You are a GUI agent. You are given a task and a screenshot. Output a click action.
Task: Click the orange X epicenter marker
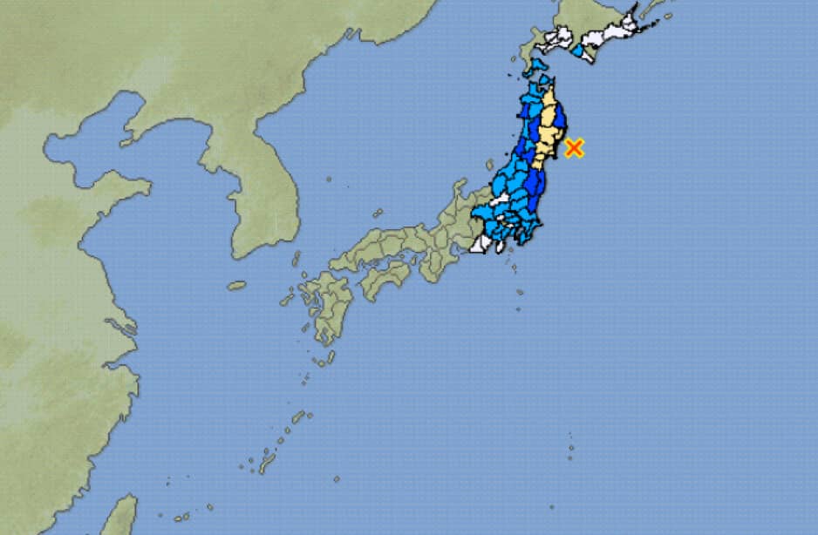coord(573,148)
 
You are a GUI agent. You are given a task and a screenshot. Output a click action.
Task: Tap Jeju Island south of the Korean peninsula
coord(236,285)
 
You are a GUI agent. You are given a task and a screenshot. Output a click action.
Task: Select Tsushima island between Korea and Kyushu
coord(296,260)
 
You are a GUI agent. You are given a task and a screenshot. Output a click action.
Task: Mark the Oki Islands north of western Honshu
coord(378,212)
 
